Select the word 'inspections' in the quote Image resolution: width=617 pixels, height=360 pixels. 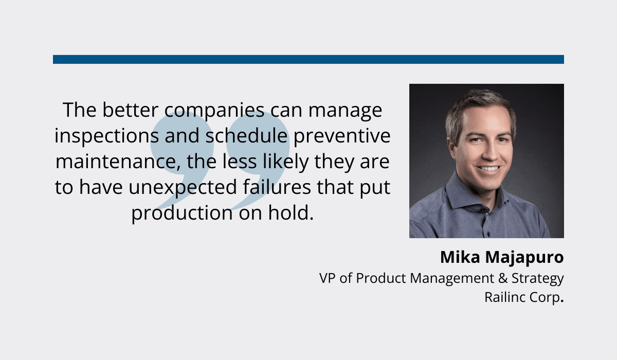(106, 136)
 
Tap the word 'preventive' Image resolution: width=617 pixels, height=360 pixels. (342, 136)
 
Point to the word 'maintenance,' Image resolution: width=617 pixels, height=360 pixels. (118, 161)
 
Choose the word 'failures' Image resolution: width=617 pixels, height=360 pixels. (277, 187)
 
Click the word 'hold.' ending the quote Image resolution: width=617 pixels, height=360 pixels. (291, 212)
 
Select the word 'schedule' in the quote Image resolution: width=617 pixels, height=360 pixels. (246, 136)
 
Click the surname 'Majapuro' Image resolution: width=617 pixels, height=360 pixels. (524, 258)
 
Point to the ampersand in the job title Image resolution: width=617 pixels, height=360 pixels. (503, 278)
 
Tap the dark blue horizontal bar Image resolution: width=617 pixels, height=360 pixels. (308, 60)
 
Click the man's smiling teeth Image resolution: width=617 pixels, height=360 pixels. (488, 168)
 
